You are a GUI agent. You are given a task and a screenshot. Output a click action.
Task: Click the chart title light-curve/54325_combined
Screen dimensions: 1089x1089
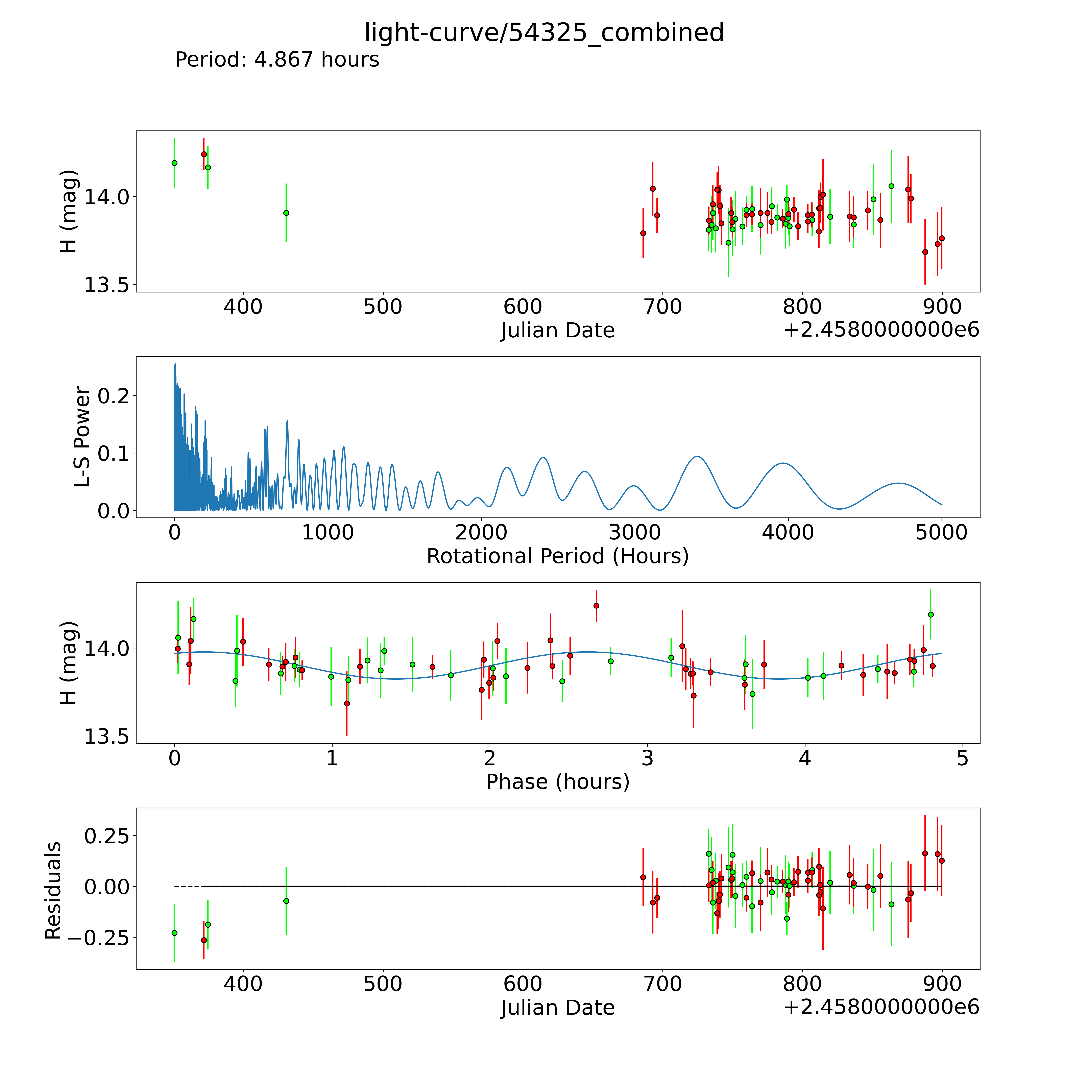(544, 33)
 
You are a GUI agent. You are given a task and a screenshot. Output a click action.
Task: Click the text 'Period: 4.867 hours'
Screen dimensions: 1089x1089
(277, 60)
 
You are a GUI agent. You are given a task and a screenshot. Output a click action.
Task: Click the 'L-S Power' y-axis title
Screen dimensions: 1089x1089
(82, 437)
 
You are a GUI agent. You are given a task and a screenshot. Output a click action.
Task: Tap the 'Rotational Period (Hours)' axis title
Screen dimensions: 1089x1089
(557, 556)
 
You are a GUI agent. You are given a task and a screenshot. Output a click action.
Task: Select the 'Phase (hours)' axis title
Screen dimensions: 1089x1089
(557, 782)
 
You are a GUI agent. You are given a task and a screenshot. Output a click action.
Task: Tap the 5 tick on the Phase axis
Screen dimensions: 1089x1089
(962, 758)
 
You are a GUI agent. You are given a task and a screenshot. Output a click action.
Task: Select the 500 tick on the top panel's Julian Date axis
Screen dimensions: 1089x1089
(383, 307)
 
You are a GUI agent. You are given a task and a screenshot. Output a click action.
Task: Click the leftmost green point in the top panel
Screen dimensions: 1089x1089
(174, 163)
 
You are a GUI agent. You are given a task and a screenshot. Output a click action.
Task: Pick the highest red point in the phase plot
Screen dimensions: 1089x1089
(596, 605)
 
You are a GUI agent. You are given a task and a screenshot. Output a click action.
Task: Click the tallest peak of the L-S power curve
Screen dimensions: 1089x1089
(175, 365)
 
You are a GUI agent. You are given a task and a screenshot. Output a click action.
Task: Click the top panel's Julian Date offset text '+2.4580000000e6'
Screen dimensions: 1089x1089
(881, 330)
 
